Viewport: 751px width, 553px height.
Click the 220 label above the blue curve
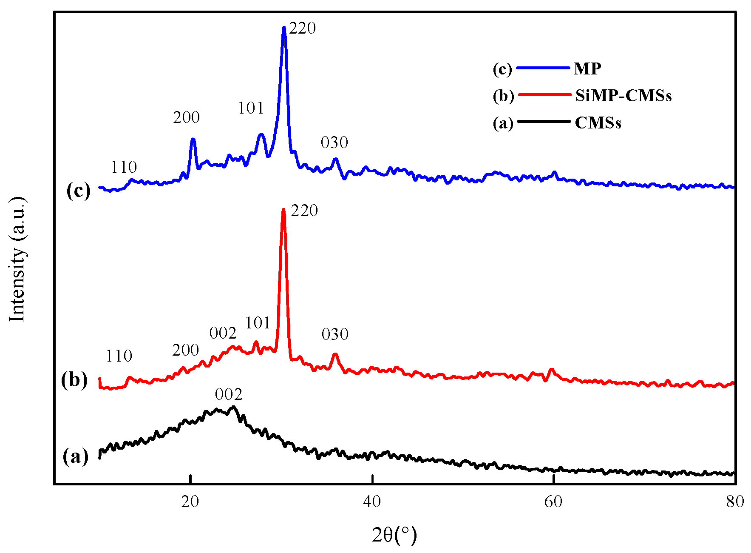tap(303, 29)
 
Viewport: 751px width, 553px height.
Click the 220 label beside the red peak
tap(304, 211)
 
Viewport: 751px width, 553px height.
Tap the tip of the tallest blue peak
tap(284, 28)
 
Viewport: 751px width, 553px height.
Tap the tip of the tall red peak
tap(283, 209)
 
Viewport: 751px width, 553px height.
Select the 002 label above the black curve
tap(229, 395)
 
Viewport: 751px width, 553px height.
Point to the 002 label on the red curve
tap(223, 333)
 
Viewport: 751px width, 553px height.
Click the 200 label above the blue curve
tap(186, 117)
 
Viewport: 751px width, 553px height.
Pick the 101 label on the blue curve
tap(251, 108)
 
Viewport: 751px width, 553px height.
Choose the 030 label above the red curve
tap(335, 334)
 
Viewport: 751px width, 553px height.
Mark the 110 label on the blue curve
tap(124, 167)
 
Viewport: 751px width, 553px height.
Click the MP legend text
tap(587, 68)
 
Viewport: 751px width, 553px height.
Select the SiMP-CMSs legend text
tap(623, 96)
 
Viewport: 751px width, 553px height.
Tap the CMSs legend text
tap(598, 123)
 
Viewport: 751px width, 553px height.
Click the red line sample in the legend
tap(544, 94)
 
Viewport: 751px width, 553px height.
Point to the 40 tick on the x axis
tap(372, 502)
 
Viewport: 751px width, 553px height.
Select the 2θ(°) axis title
tap(394, 535)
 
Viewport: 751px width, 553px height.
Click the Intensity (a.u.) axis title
tap(18, 259)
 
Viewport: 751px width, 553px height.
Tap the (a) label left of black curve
tap(76, 457)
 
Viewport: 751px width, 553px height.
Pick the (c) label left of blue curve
tap(79, 191)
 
